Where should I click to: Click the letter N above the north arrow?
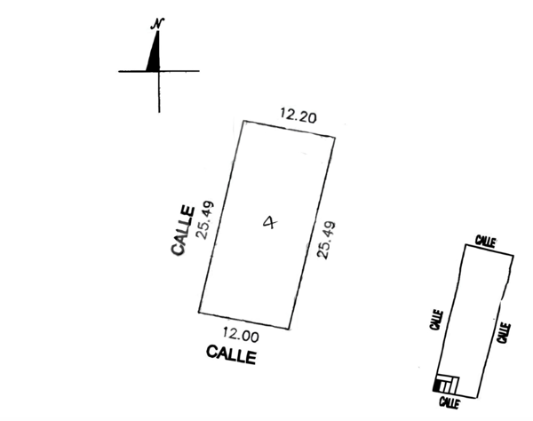(x=157, y=24)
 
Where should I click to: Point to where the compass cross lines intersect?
(x=159, y=71)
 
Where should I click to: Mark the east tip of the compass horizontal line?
(x=199, y=71)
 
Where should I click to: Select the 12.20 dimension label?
(x=298, y=115)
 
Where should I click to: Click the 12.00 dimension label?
(x=241, y=334)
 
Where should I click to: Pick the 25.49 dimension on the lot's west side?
(x=206, y=220)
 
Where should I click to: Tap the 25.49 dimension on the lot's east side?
(x=326, y=240)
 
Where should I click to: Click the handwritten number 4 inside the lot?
(x=270, y=223)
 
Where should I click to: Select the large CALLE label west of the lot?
(x=183, y=230)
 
